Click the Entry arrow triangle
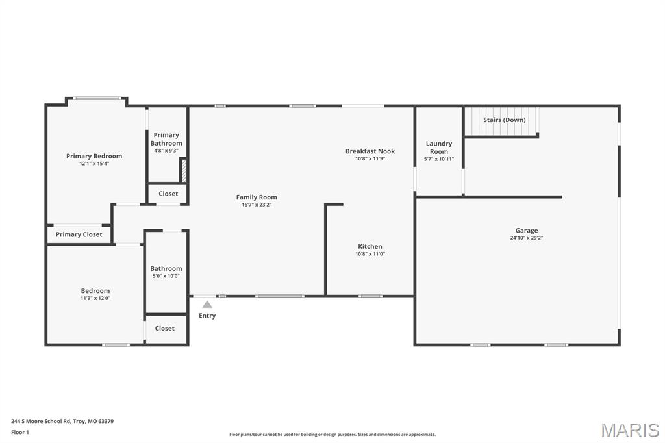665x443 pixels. tap(207, 304)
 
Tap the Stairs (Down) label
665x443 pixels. tap(504, 120)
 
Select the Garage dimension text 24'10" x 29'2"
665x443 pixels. tap(526, 238)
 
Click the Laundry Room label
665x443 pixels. tap(439, 147)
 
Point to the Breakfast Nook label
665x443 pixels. tap(370, 151)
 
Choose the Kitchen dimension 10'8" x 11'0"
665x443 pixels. tap(370, 254)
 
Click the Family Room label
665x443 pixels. tap(256, 197)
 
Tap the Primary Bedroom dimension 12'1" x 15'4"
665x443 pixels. tap(94, 164)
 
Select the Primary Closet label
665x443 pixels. tap(79, 234)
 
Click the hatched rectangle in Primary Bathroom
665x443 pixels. tap(184, 170)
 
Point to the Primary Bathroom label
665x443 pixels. tap(166, 139)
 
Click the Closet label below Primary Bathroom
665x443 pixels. tap(168, 194)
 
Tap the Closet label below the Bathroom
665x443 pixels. tap(164, 329)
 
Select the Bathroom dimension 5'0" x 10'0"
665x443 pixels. tap(166, 276)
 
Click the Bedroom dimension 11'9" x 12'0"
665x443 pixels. tap(95, 298)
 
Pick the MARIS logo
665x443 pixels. tap(630, 430)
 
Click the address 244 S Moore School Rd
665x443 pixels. tap(41, 422)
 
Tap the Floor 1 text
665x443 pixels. tap(20, 433)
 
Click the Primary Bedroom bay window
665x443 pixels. tap(97, 99)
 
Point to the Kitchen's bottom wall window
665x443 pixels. tap(370, 296)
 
